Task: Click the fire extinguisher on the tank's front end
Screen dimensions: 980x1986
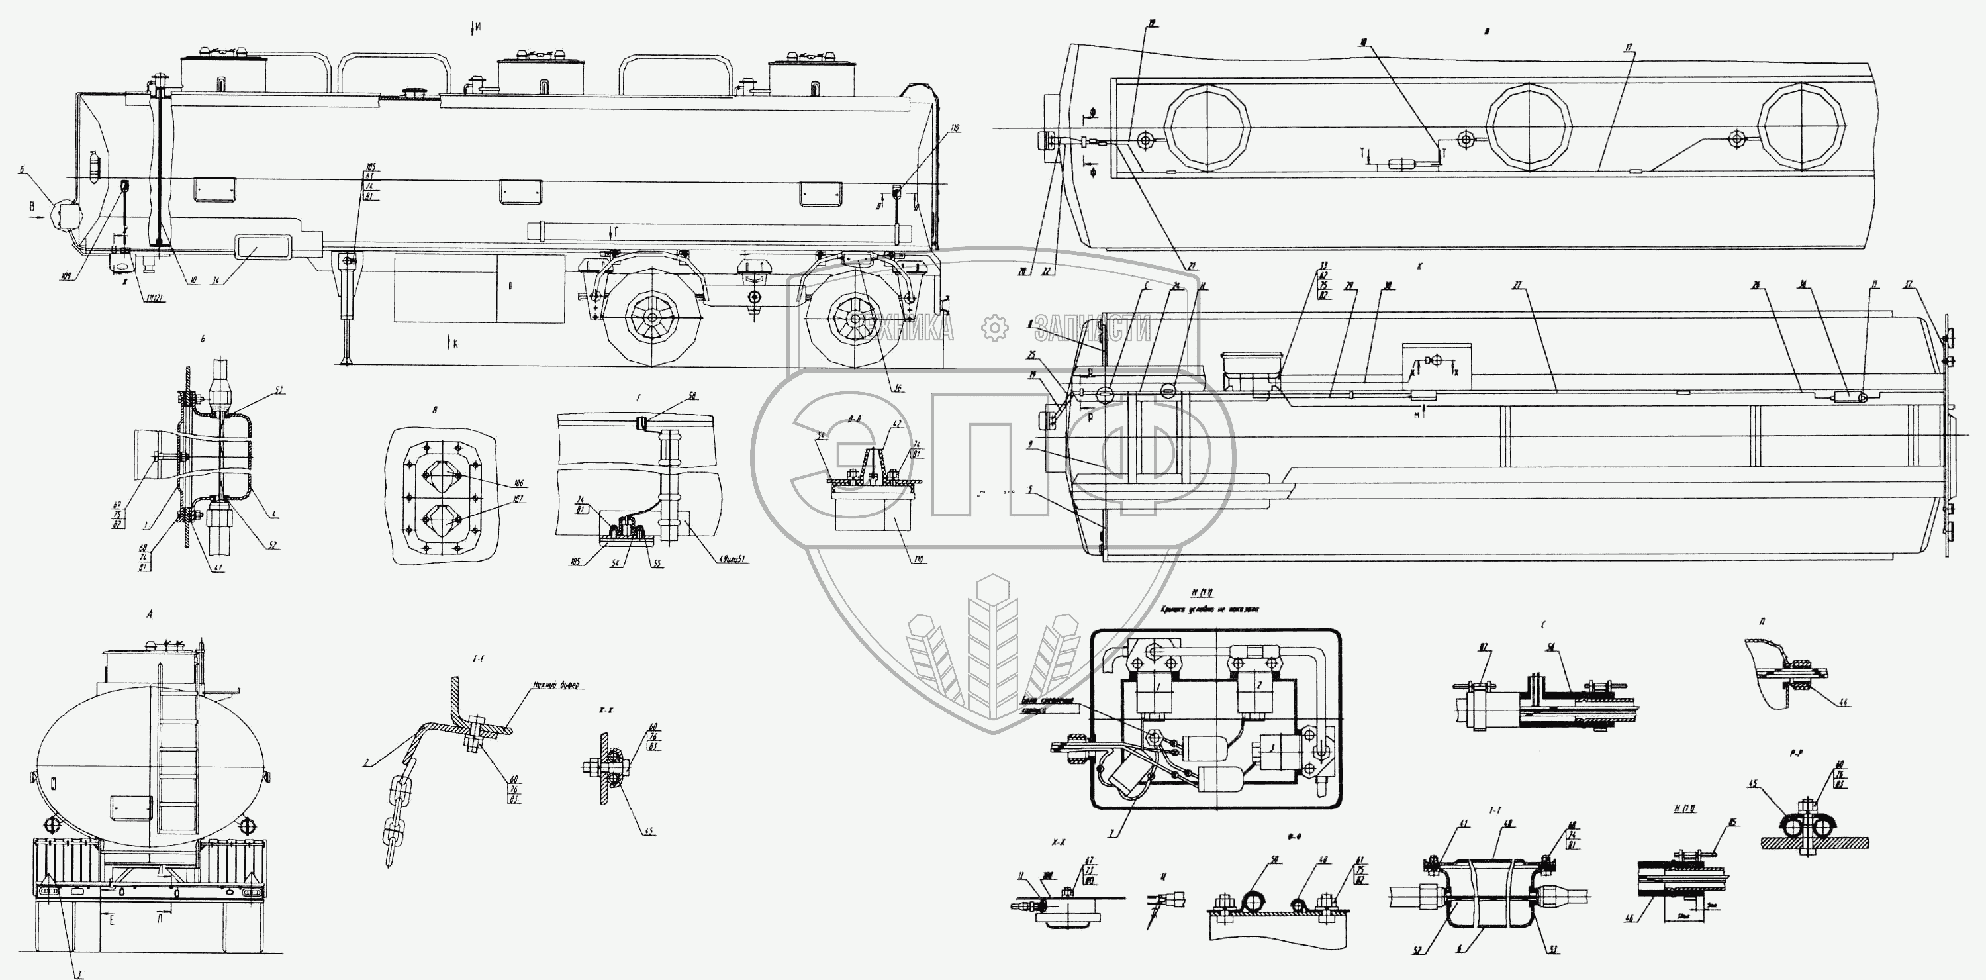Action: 95,166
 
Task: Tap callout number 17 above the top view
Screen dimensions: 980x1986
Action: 1629,48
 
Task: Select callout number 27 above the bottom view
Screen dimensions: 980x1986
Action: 1518,286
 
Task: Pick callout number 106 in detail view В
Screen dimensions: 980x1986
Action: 519,483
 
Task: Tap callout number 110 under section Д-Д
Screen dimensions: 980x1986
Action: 918,560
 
